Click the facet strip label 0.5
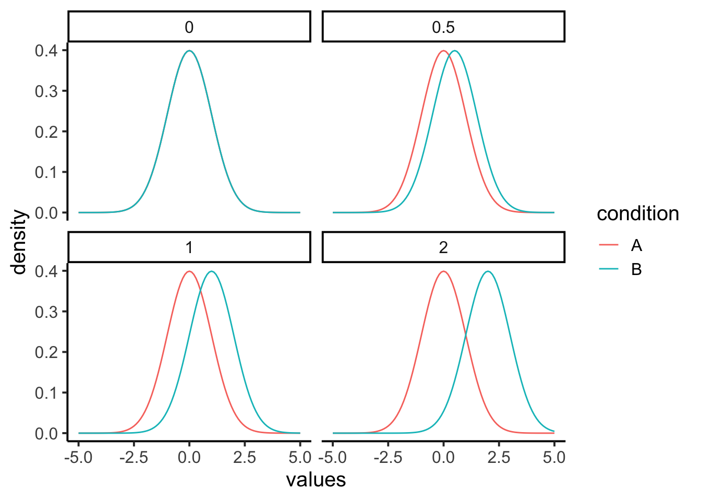pyautogui.click(x=443, y=27)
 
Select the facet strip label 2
pyautogui.click(x=443, y=247)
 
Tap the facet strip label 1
pyautogui.click(x=189, y=247)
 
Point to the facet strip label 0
pyautogui.click(x=189, y=27)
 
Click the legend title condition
pyautogui.click(x=637, y=213)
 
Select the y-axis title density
pyautogui.click(x=19, y=242)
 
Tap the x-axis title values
pyautogui.click(x=316, y=480)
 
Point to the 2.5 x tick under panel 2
pyautogui.click(x=499, y=458)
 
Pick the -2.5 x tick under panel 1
pyautogui.click(x=134, y=458)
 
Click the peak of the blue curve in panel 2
pyautogui.click(x=488, y=271)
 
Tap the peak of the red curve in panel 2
pyautogui.click(x=443, y=271)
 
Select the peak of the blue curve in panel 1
pyautogui.click(x=211, y=271)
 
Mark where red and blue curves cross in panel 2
pyautogui.click(x=466, y=335)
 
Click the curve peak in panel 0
pyautogui.click(x=189, y=51)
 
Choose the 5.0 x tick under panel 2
pyautogui.click(x=554, y=458)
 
